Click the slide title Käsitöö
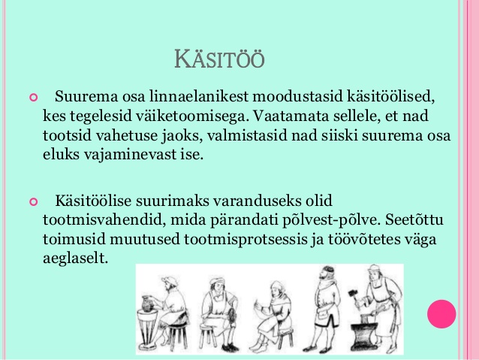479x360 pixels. [219, 59]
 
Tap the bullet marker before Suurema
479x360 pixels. [33, 98]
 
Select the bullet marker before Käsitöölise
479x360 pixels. [33, 202]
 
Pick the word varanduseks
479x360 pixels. [258, 201]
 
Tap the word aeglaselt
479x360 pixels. [76, 259]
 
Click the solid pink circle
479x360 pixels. [441, 314]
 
